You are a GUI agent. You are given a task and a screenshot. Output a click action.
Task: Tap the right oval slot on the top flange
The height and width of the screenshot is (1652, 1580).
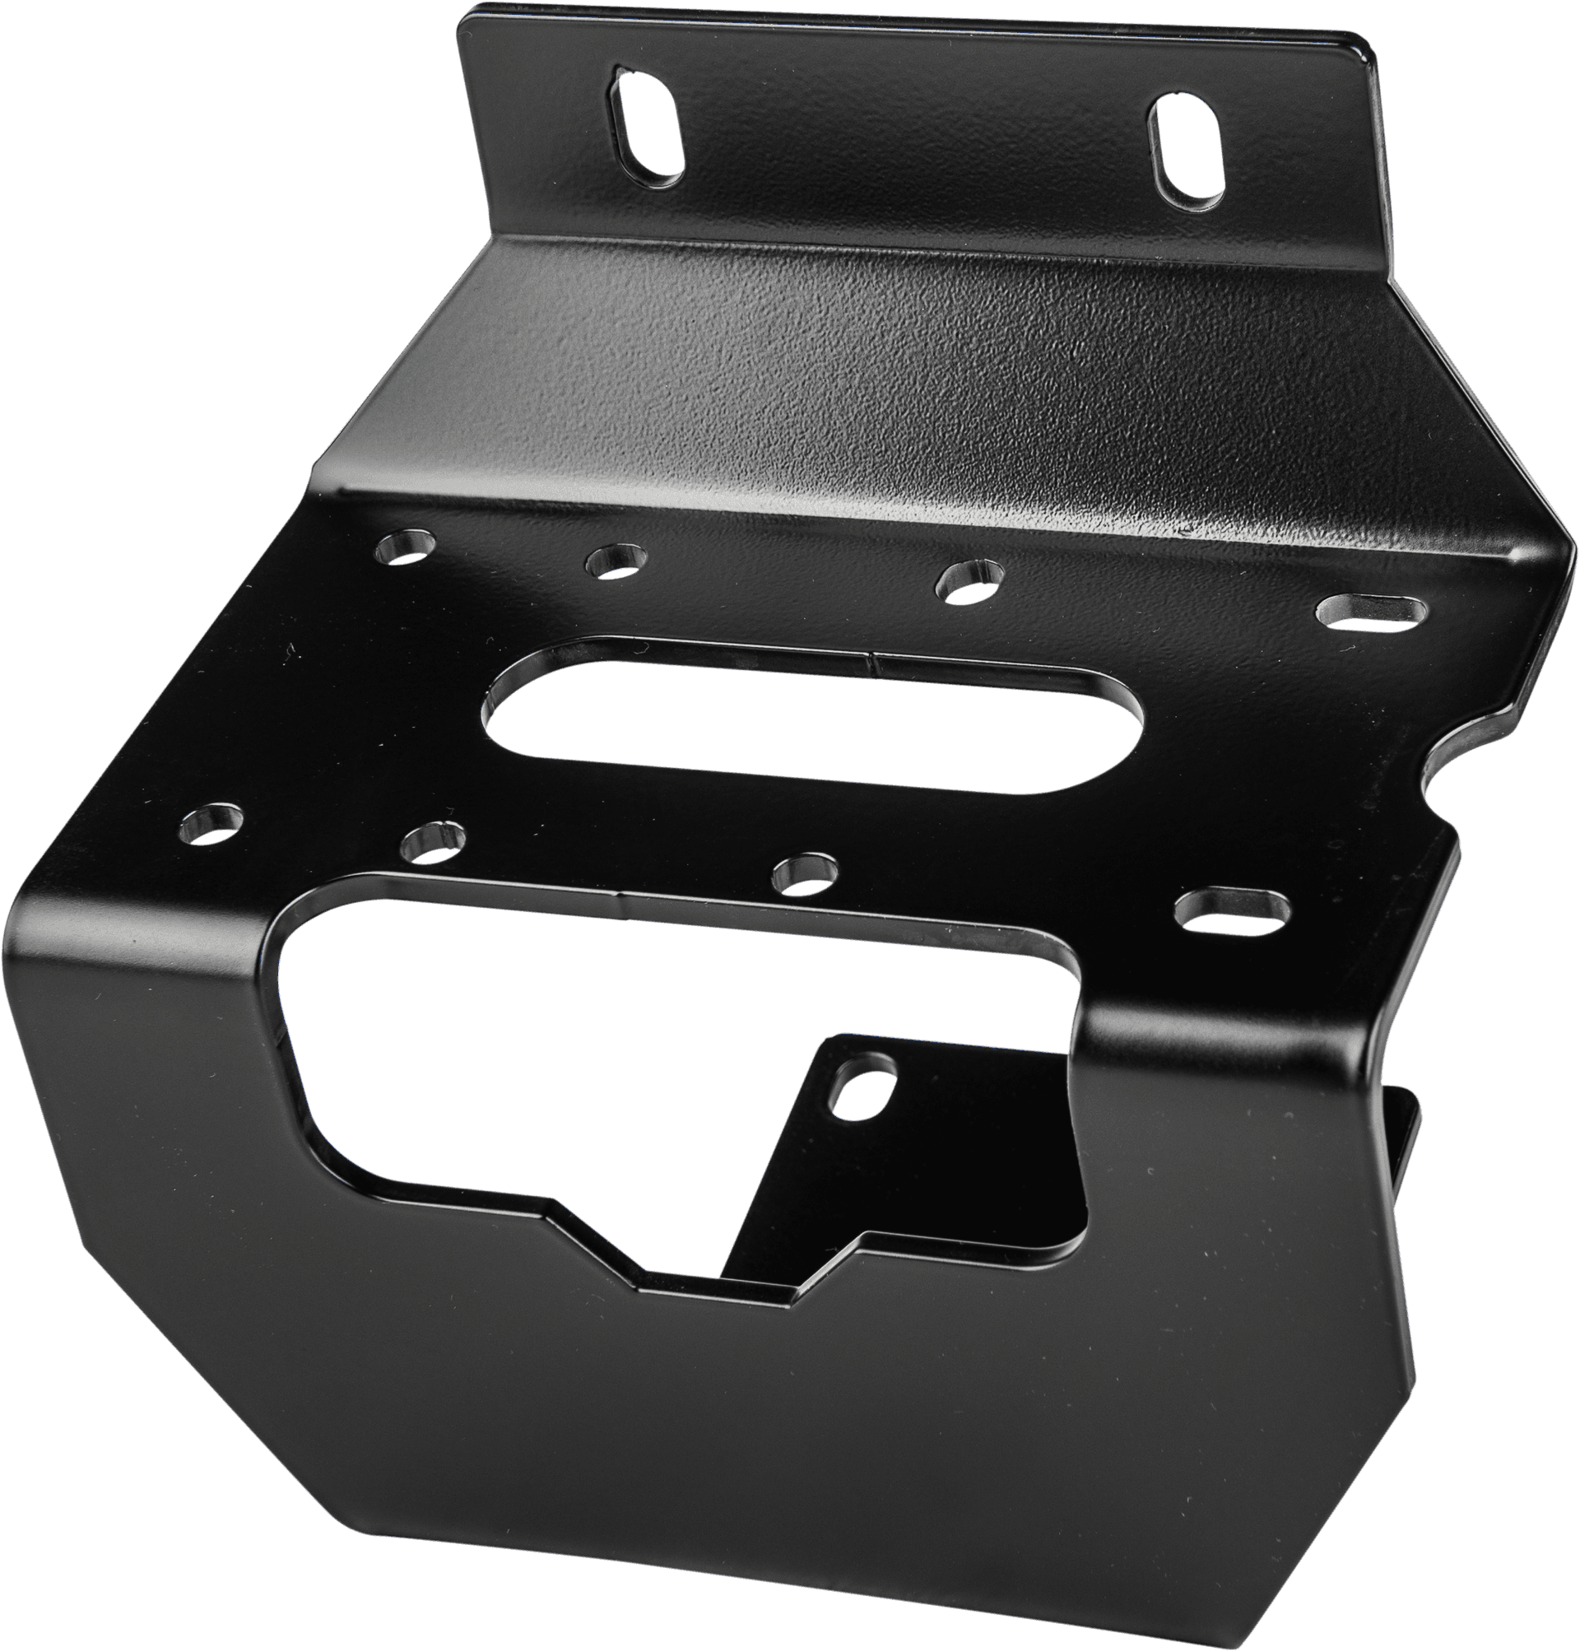(x=1188, y=153)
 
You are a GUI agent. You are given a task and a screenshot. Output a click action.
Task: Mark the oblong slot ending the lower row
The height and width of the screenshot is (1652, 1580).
(x=1231, y=914)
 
